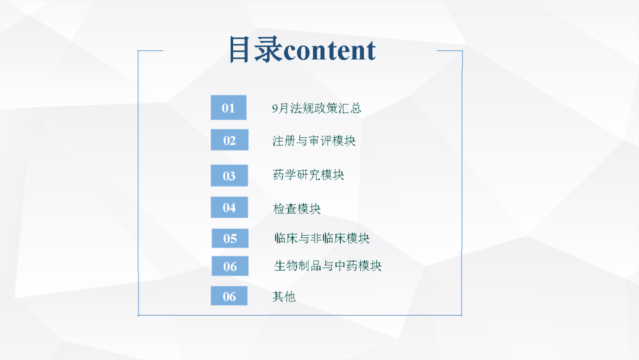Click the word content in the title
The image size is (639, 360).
pos(330,50)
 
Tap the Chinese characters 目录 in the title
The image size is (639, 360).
pos(256,49)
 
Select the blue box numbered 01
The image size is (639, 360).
pos(228,108)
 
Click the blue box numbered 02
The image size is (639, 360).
pos(230,140)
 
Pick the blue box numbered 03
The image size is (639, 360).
pos(229,175)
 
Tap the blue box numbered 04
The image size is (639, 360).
pos(229,207)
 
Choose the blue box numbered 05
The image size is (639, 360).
pos(230,238)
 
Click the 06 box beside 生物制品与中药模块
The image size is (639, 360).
pos(230,266)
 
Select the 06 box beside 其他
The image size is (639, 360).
pos(229,296)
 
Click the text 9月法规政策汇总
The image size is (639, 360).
pos(317,108)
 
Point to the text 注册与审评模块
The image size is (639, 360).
pos(314,141)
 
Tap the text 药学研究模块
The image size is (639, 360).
pos(308,175)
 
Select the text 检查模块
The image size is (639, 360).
pos(296,209)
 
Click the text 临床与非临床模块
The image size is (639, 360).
pos(322,238)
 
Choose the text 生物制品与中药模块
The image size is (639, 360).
pos(328,266)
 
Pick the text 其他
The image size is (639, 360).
pos(283,297)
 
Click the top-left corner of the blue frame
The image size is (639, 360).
pos(138,51)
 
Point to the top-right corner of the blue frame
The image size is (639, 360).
pos(462,51)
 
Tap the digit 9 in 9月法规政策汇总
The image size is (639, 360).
pos(275,108)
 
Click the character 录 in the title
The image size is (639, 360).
pos(268,49)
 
